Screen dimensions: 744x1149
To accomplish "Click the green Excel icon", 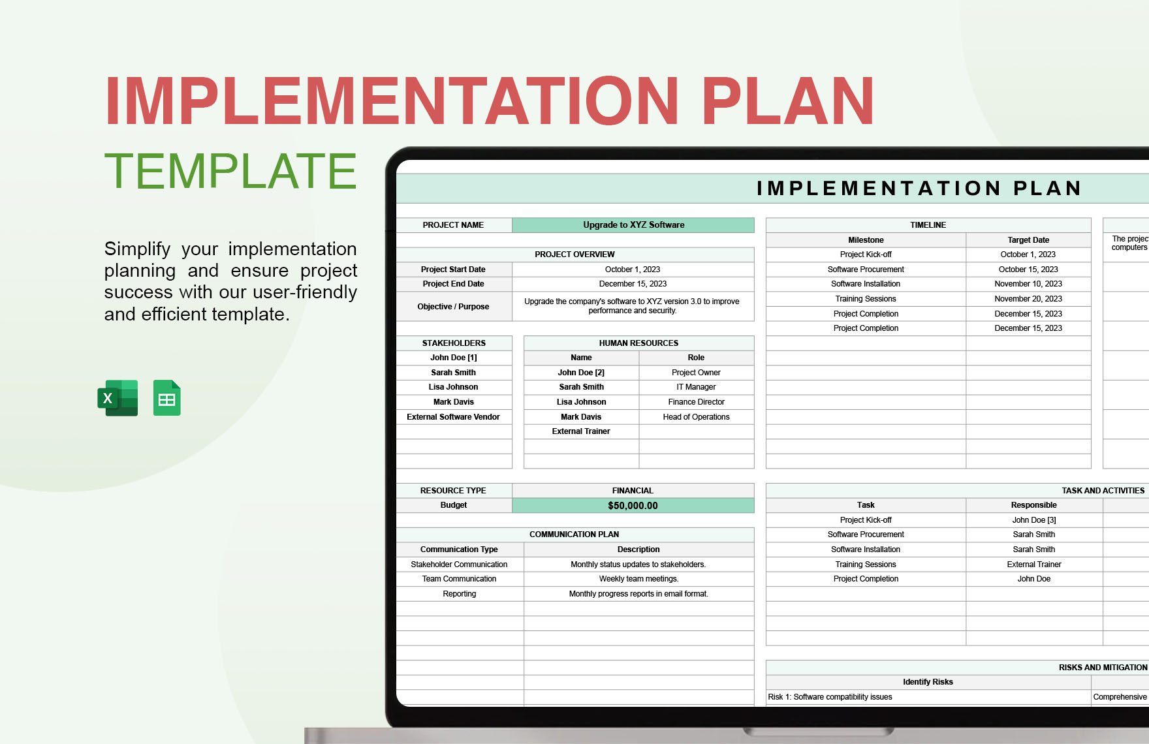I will [x=118, y=397].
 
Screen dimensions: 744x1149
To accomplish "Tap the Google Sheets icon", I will [x=166, y=397].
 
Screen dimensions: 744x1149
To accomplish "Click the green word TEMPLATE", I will [x=230, y=171].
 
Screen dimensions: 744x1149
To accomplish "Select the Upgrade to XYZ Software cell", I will [x=633, y=225].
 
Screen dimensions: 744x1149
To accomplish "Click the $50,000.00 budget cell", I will [x=633, y=506].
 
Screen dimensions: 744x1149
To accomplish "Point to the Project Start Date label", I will [x=453, y=270].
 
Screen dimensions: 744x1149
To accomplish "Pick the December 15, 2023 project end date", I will [x=633, y=284].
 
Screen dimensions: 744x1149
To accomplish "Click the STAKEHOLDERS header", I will [x=454, y=343].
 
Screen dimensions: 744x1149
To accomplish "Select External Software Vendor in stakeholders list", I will [x=453, y=417].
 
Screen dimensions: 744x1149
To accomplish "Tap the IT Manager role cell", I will [x=696, y=387].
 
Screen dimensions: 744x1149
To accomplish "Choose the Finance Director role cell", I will [x=696, y=402].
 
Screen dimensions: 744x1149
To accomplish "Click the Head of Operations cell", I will [x=696, y=417].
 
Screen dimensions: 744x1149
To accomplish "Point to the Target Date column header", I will [x=1028, y=240].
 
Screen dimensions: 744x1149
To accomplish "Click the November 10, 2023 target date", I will [x=1028, y=284].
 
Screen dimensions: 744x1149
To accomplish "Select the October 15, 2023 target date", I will [x=1028, y=270].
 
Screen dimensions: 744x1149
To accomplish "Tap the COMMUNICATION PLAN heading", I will [x=574, y=535].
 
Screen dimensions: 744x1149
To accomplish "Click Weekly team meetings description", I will [x=638, y=579].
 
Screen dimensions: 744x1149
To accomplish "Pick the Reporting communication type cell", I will [x=459, y=594].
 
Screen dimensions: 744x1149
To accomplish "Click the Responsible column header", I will [x=1033, y=505].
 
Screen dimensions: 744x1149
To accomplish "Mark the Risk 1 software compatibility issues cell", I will [x=830, y=697].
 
